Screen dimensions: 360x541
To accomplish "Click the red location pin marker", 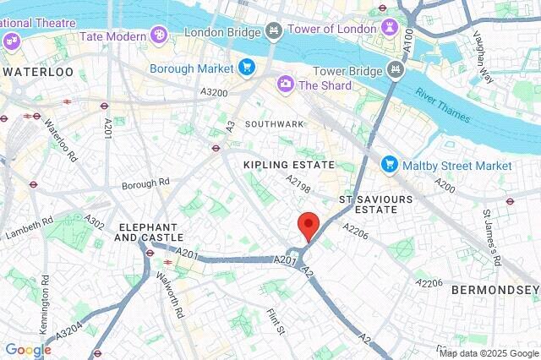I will (x=309, y=226).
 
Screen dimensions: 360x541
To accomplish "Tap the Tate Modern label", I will (x=115, y=36).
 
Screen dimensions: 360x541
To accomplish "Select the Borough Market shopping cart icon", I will (x=246, y=68).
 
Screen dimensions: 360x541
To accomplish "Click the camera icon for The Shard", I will (x=285, y=84).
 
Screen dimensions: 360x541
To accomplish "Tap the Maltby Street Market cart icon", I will (x=389, y=162).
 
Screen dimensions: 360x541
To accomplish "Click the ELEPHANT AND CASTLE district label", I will (x=149, y=232).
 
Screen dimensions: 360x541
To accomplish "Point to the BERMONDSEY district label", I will (x=495, y=290).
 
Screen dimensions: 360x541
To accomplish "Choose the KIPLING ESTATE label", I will (x=288, y=165).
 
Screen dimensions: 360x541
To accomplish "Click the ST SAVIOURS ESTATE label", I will (x=368, y=203).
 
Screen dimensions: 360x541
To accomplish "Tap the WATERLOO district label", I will (x=37, y=72).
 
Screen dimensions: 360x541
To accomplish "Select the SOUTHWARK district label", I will (x=274, y=123).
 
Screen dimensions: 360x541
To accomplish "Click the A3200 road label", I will (x=214, y=91).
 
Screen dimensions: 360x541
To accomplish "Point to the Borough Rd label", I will (x=145, y=183).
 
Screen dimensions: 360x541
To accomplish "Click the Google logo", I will (x=28, y=350).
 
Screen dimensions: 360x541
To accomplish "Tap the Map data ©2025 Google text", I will (x=489, y=353).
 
